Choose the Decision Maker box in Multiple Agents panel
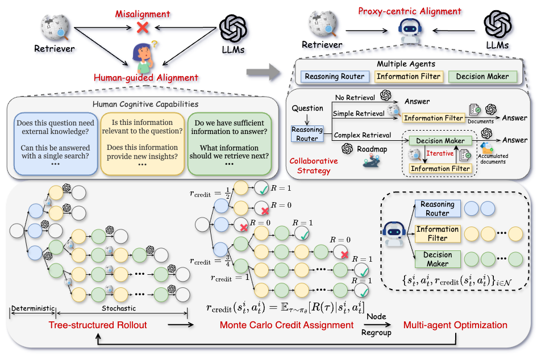click(x=482, y=77)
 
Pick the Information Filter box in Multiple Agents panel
click(x=407, y=77)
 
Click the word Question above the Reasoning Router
click(x=307, y=108)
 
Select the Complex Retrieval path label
click(x=362, y=135)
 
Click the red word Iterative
click(x=440, y=153)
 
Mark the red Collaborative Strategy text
click(x=314, y=165)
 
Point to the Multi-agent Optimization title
click(x=455, y=325)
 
